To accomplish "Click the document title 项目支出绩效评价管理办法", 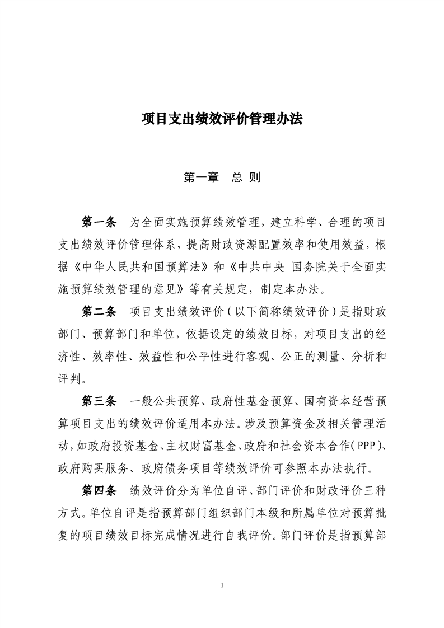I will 222,119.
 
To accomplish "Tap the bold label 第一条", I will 99,223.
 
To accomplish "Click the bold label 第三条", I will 99,401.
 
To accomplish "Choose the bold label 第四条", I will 99,490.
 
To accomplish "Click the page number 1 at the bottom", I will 222,585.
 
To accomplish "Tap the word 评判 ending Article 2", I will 71,379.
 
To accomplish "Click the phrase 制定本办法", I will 302,290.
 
